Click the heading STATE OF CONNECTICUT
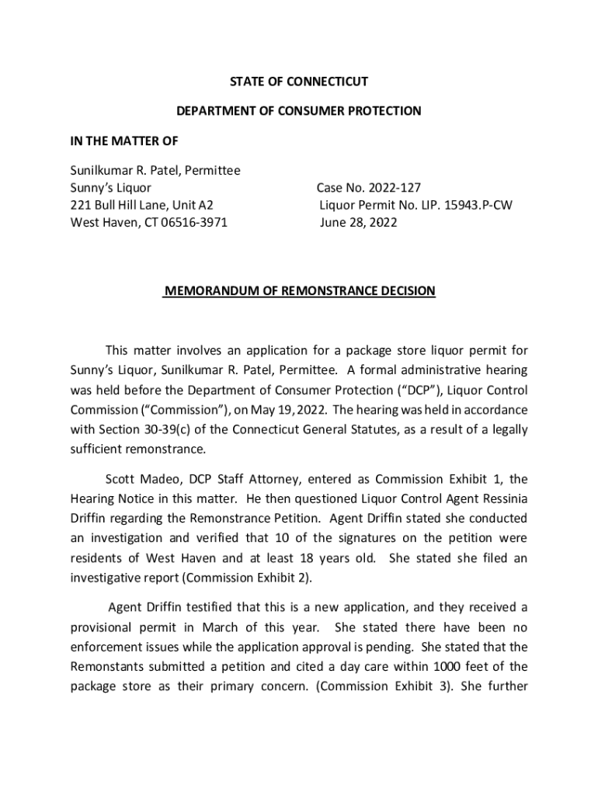[298, 82]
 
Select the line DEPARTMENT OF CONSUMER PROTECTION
[298, 111]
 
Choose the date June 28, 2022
[358, 223]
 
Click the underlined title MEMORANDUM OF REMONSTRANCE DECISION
[299, 291]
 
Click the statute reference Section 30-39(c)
[140, 430]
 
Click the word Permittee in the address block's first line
[210, 170]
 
